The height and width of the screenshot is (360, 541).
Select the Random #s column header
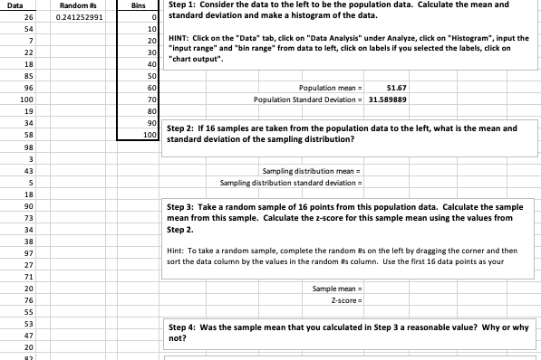(x=78, y=5)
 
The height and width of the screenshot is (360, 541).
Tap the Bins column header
(x=138, y=5)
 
